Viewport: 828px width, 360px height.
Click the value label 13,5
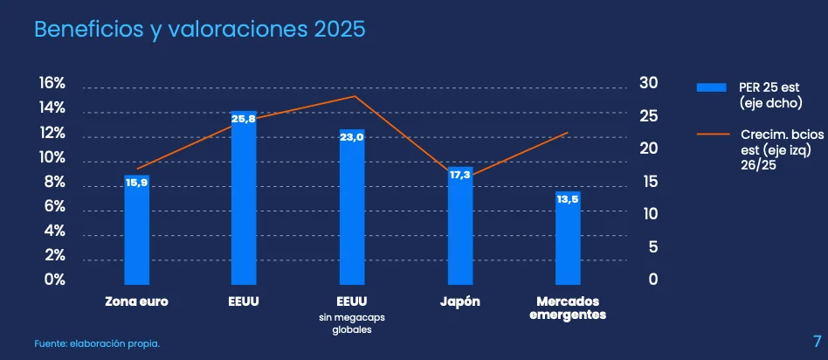tap(568, 199)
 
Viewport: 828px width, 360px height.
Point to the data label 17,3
tap(459, 175)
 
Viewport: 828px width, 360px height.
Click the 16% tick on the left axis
tap(52, 83)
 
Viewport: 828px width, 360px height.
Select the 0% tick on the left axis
tap(55, 280)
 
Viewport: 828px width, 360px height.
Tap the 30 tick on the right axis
tap(647, 83)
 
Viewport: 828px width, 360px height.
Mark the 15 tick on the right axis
tap(647, 182)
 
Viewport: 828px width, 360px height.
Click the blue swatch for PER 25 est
tap(712, 87)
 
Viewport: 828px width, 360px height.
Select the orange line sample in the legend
tap(712, 135)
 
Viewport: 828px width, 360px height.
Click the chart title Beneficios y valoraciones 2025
tap(199, 29)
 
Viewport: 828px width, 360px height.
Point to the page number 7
tap(817, 339)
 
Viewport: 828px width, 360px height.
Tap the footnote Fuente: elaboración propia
tap(97, 343)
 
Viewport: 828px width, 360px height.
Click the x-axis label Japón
tap(459, 301)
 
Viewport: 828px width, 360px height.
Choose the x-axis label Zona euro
tap(136, 301)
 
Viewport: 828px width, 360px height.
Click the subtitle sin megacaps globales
tap(352, 324)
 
